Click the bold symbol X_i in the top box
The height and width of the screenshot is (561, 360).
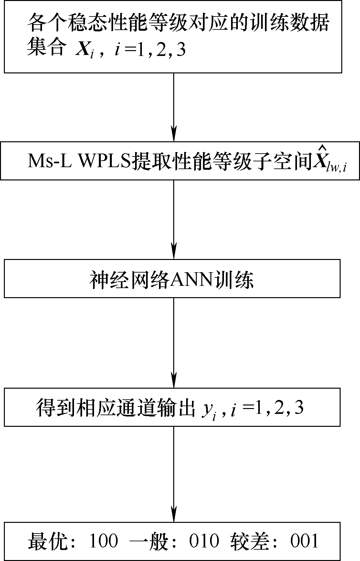(x=85, y=50)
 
